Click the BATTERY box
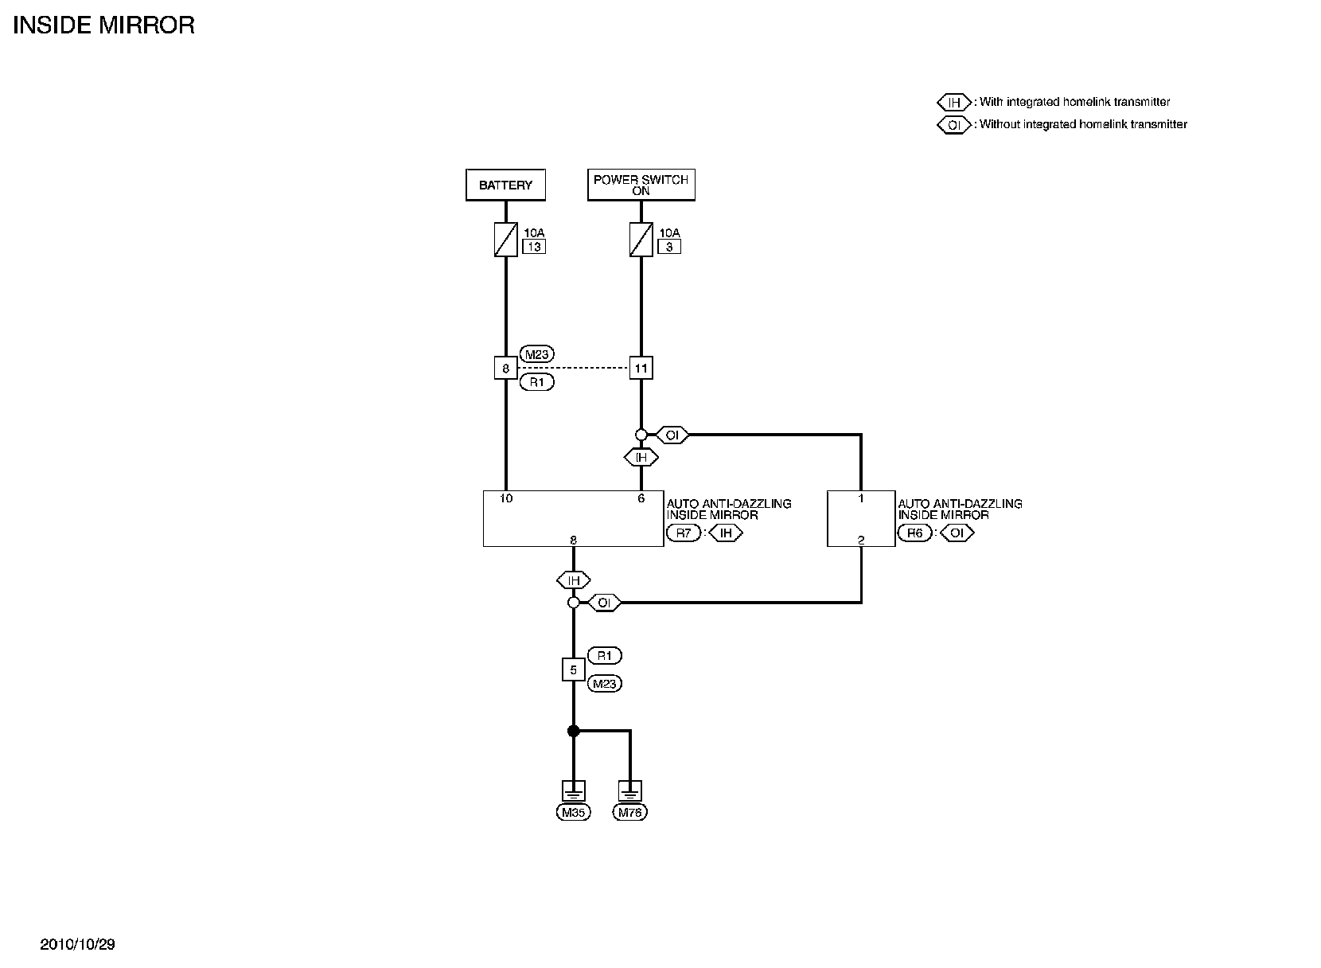click(x=505, y=185)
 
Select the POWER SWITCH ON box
click(x=641, y=185)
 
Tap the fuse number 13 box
click(x=533, y=247)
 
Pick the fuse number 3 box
click(x=669, y=247)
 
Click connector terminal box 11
click(x=641, y=369)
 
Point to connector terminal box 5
click(x=573, y=670)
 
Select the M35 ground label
click(x=573, y=813)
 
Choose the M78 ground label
click(x=629, y=813)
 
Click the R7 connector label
click(x=684, y=533)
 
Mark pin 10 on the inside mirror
click(x=506, y=499)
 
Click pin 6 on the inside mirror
click(x=641, y=499)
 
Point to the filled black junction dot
click(x=573, y=731)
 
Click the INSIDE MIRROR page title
click(x=104, y=25)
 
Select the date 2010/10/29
click(x=78, y=945)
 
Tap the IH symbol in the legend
click(x=954, y=103)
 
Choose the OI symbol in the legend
click(x=954, y=125)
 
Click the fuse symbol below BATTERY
click(x=506, y=239)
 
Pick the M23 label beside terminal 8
click(x=537, y=355)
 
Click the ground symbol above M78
click(x=629, y=791)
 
